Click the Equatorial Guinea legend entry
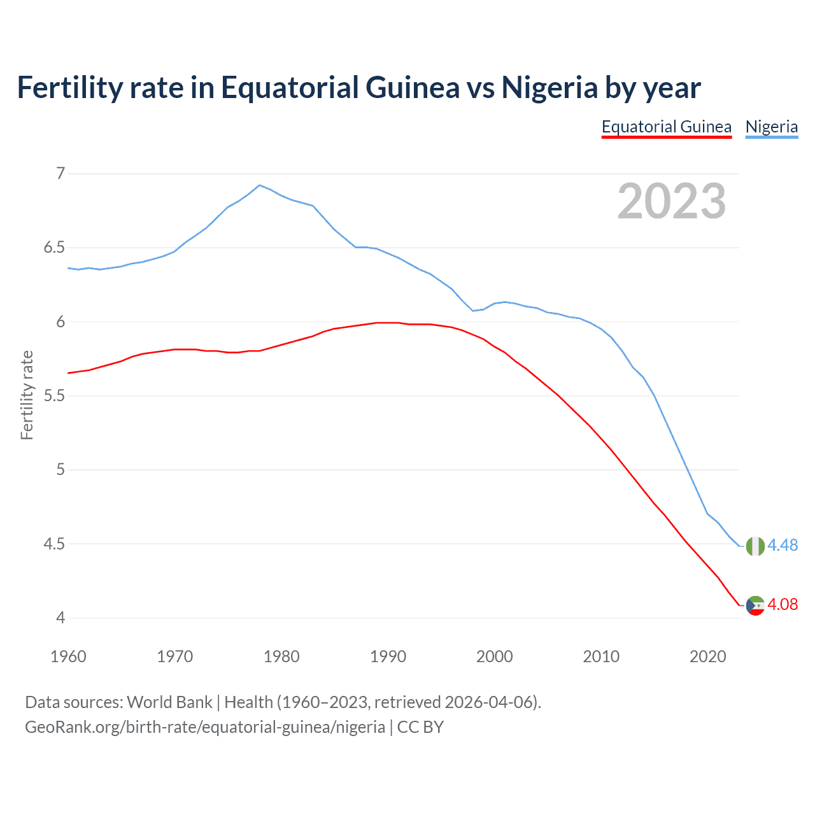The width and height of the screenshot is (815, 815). click(666, 127)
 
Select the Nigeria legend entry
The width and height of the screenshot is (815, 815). click(771, 127)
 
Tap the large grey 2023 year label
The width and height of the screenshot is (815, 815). click(671, 201)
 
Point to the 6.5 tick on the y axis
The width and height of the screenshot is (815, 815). click(54, 248)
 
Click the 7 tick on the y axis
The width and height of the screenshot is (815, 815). click(60, 173)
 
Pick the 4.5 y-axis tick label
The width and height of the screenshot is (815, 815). click(54, 544)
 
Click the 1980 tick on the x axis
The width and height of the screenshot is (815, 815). click(281, 656)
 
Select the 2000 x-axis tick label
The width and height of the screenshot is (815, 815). click(494, 656)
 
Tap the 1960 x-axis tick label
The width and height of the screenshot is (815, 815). click(68, 656)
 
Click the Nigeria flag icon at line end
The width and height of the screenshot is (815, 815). click(755, 546)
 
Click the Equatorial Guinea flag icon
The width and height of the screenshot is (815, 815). click(755, 605)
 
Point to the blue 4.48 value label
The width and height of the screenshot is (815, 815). click(783, 545)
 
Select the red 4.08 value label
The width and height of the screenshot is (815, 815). click(783, 604)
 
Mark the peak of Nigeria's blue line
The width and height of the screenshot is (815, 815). click(259, 185)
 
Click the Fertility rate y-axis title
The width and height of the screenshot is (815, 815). click(27, 395)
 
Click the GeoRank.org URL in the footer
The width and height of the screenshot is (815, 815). click(204, 727)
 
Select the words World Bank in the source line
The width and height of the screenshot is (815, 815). click(169, 702)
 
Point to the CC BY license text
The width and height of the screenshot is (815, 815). click(420, 727)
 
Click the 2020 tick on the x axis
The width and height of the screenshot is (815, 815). click(707, 656)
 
